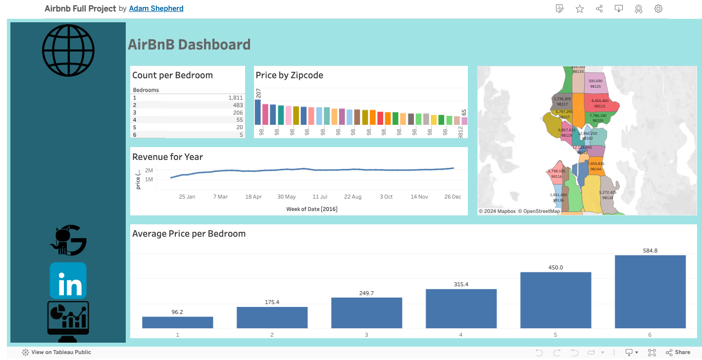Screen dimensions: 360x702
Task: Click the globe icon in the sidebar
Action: [68, 50]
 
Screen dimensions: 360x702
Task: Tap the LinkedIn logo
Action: [68, 281]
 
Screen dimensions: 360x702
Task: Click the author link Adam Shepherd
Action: [156, 8]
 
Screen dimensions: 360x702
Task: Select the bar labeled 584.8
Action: [650, 292]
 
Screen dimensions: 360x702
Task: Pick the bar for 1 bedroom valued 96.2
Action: [177, 322]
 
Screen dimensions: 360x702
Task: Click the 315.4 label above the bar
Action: [461, 284]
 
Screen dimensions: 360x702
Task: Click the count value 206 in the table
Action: [238, 112]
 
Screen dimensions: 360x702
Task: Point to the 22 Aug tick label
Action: [353, 197]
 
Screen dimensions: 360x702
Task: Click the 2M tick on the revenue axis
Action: [149, 170]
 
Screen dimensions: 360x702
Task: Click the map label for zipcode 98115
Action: [600, 106]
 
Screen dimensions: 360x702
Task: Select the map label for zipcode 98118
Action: [607, 198]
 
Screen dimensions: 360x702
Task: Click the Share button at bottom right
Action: [678, 353]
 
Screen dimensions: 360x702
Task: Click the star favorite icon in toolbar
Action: [579, 9]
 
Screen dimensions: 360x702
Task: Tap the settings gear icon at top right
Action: [658, 9]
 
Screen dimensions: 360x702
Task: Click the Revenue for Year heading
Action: [167, 157]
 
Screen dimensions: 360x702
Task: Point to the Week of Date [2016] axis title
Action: [311, 209]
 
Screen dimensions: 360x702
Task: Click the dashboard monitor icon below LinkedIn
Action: [68, 319]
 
